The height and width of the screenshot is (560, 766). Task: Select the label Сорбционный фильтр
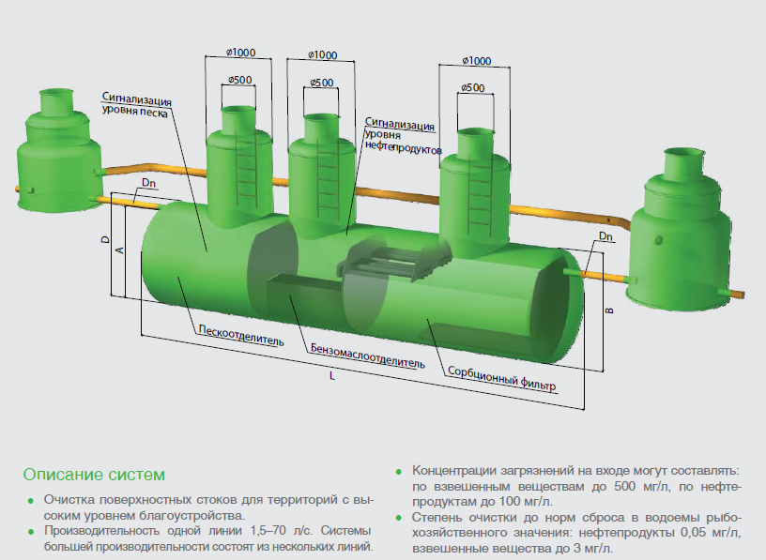501,377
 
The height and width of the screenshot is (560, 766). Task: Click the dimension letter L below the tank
332,376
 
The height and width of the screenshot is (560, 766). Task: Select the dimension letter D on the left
105,240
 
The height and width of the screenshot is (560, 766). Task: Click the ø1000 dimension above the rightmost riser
477,61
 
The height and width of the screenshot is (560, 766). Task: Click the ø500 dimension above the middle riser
321,83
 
